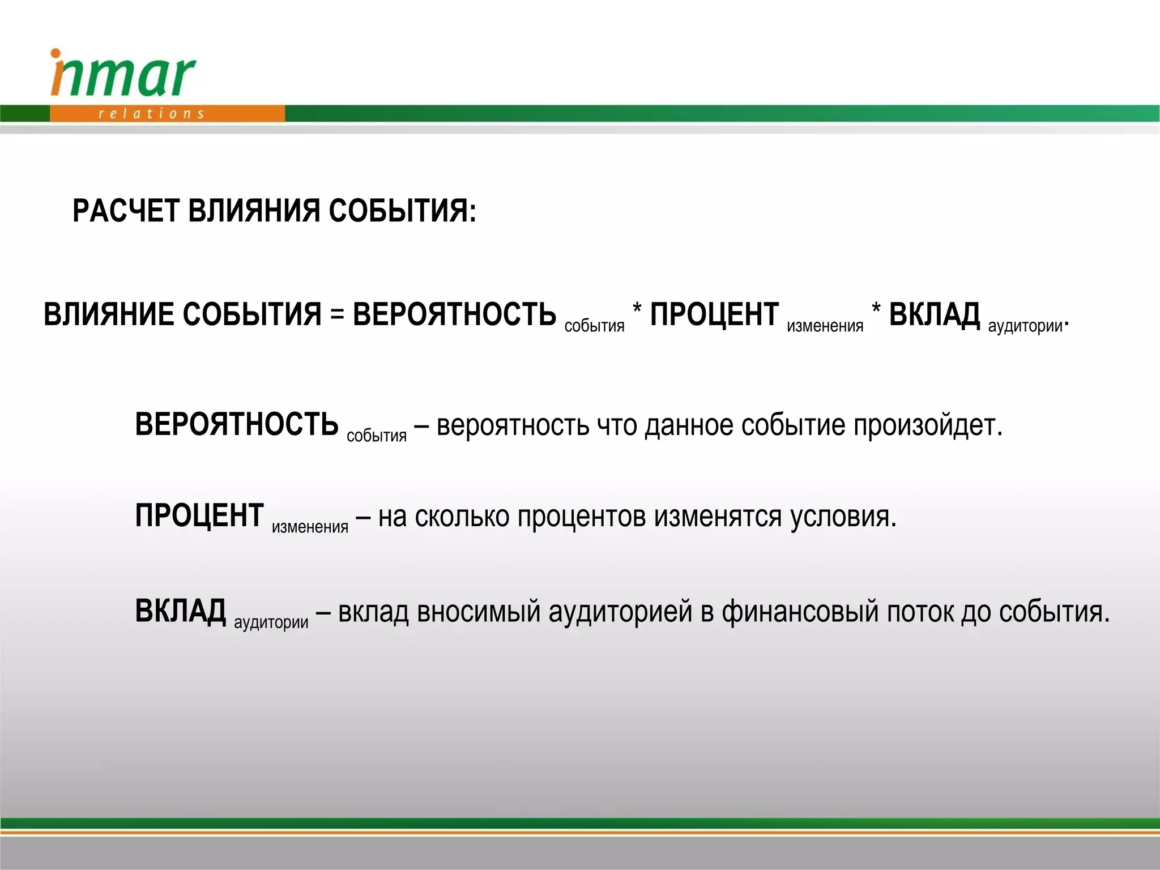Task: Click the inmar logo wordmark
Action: click(x=123, y=74)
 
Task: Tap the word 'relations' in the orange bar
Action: click(x=151, y=114)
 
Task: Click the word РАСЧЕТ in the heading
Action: click(x=126, y=211)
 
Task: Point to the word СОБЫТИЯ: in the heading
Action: click(x=402, y=211)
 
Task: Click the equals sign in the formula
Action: click(x=337, y=314)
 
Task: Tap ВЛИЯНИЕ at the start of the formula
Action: click(x=109, y=314)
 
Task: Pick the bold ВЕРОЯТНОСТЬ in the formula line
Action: click(x=454, y=314)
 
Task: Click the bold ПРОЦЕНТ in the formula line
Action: click(x=714, y=314)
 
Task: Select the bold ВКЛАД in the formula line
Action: click(x=934, y=314)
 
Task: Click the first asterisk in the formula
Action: click(x=637, y=309)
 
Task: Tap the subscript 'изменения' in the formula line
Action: click(x=825, y=326)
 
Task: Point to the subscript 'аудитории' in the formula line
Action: click(x=1025, y=326)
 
